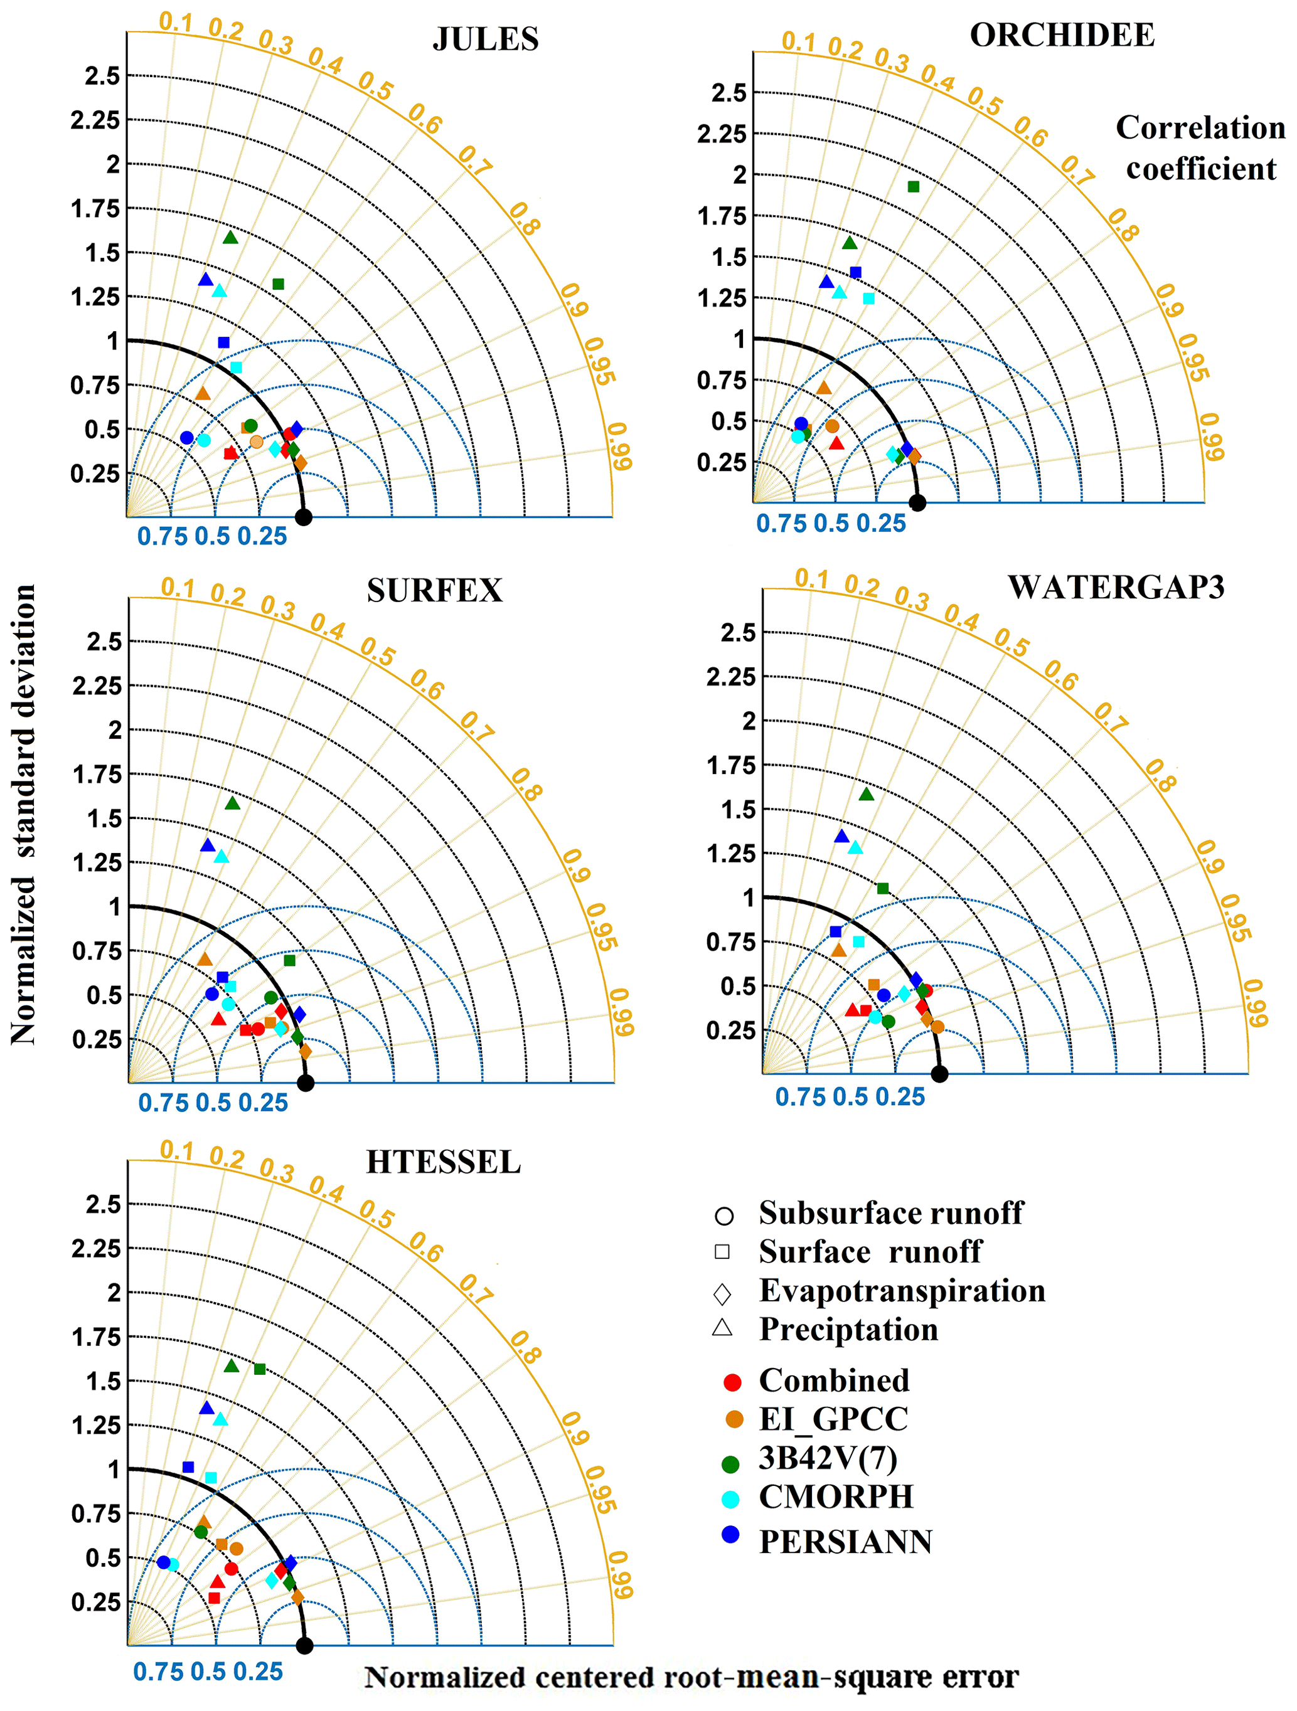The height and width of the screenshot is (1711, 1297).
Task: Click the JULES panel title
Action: tap(485, 40)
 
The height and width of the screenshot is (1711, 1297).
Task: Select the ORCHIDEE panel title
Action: tap(1062, 36)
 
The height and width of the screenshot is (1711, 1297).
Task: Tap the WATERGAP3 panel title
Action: tap(1116, 588)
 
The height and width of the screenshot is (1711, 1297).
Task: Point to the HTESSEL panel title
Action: tap(444, 1163)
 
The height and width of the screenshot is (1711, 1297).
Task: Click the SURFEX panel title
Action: tap(434, 591)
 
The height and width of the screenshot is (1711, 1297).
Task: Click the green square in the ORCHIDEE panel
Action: tap(913, 186)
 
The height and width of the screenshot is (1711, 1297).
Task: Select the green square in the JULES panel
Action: tap(279, 284)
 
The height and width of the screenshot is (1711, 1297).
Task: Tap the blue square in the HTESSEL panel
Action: tap(188, 1466)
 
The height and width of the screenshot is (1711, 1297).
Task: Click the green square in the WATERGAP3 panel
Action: tap(883, 888)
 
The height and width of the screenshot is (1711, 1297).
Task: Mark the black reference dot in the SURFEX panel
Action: tap(306, 1083)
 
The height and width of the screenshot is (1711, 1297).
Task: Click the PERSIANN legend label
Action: tap(845, 1542)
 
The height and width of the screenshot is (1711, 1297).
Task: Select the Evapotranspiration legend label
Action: tap(902, 1291)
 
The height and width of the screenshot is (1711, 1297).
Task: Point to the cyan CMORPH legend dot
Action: tap(730, 1499)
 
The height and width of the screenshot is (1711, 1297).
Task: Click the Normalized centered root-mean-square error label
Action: tap(691, 1677)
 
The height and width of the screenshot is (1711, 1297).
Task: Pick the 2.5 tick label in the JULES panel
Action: tap(103, 76)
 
